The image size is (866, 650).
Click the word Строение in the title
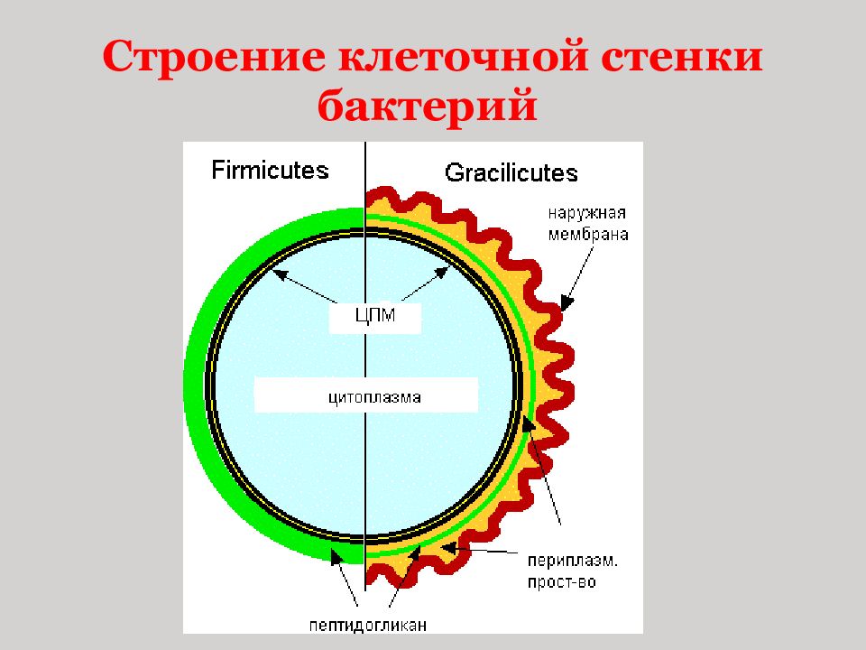pos(215,56)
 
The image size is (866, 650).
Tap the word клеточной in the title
pos(463,56)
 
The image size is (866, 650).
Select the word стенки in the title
pos(682,56)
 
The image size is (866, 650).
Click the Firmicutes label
pos(270,170)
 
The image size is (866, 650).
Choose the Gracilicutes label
pos(511,172)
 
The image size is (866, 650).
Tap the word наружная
pos(586,213)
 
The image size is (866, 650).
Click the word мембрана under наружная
pos(588,235)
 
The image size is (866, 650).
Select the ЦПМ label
pos(375,316)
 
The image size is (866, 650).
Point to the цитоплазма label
pos(374,397)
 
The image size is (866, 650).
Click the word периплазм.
pos(573,561)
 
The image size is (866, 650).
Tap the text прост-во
pos(562,582)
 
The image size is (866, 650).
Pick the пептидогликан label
pos(368,625)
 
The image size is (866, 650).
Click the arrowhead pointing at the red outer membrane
pos(567,303)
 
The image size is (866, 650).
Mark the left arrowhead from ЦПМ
pos(280,273)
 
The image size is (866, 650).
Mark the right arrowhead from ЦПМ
pos(443,272)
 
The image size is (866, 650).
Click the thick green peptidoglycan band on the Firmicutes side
pos(195,381)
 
